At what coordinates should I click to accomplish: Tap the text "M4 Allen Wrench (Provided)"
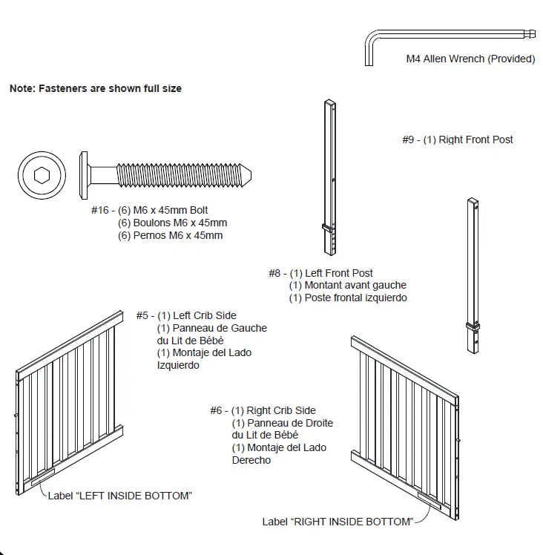pyautogui.click(x=470, y=59)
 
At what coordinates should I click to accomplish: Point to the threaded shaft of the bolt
pyautogui.click(x=185, y=176)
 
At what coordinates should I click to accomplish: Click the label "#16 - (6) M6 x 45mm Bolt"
pyautogui.click(x=151, y=211)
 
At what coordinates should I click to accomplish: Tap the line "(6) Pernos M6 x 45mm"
pyautogui.click(x=171, y=236)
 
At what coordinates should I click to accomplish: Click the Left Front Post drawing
pyautogui.click(x=329, y=178)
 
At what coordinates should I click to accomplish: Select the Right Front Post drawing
pyautogui.click(x=472, y=275)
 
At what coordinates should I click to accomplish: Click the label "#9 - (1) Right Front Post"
pyautogui.click(x=458, y=139)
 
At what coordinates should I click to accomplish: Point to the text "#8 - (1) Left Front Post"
pyautogui.click(x=321, y=273)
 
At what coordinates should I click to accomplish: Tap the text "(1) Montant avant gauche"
pyautogui.click(x=348, y=285)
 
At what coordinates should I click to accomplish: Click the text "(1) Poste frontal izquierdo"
pyautogui.click(x=348, y=298)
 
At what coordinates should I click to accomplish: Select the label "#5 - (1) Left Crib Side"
pyautogui.click(x=186, y=315)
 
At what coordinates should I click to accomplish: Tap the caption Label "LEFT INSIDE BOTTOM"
pyautogui.click(x=119, y=496)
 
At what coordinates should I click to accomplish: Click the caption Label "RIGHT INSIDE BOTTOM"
pyautogui.click(x=338, y=522)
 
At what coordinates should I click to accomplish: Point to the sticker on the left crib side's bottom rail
pyautogui.click(x=44, y=476)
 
